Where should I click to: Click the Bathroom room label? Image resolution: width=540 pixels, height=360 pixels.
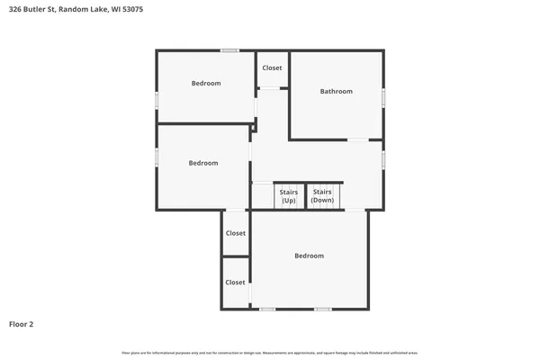pos(337,91)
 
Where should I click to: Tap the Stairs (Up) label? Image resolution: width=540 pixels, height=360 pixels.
pos(289,196)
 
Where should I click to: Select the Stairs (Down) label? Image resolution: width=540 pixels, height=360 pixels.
pos(322,196)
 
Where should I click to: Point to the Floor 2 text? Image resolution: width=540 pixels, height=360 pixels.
pos(22,323)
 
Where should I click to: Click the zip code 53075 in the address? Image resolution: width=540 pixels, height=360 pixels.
pos(132,9)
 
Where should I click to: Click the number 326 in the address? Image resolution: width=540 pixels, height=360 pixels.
pos(14,9)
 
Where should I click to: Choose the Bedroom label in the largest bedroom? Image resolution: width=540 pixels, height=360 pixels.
pos(309,256)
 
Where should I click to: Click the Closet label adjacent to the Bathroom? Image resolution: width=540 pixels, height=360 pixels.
pos(272,68)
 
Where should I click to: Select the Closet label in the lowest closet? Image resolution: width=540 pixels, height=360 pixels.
pos(235,282)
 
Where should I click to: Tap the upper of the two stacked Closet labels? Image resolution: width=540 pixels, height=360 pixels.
pos(235,233)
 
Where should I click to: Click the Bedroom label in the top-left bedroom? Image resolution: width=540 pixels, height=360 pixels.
pos(206,84)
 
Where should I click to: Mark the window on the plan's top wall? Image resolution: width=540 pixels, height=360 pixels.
pos(230,50)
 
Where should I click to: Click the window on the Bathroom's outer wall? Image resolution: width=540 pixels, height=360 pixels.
pos(384,95)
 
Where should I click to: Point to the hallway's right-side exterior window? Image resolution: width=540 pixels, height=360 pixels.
pos(384,159)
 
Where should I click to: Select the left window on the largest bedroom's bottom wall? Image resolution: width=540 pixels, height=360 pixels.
pos(267,309)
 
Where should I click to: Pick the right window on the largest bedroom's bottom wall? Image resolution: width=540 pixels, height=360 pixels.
pos(322,309)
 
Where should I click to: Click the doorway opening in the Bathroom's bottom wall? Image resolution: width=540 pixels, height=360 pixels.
pos(358,139)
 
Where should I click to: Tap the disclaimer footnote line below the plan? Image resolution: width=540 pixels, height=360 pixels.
pos(270,351)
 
